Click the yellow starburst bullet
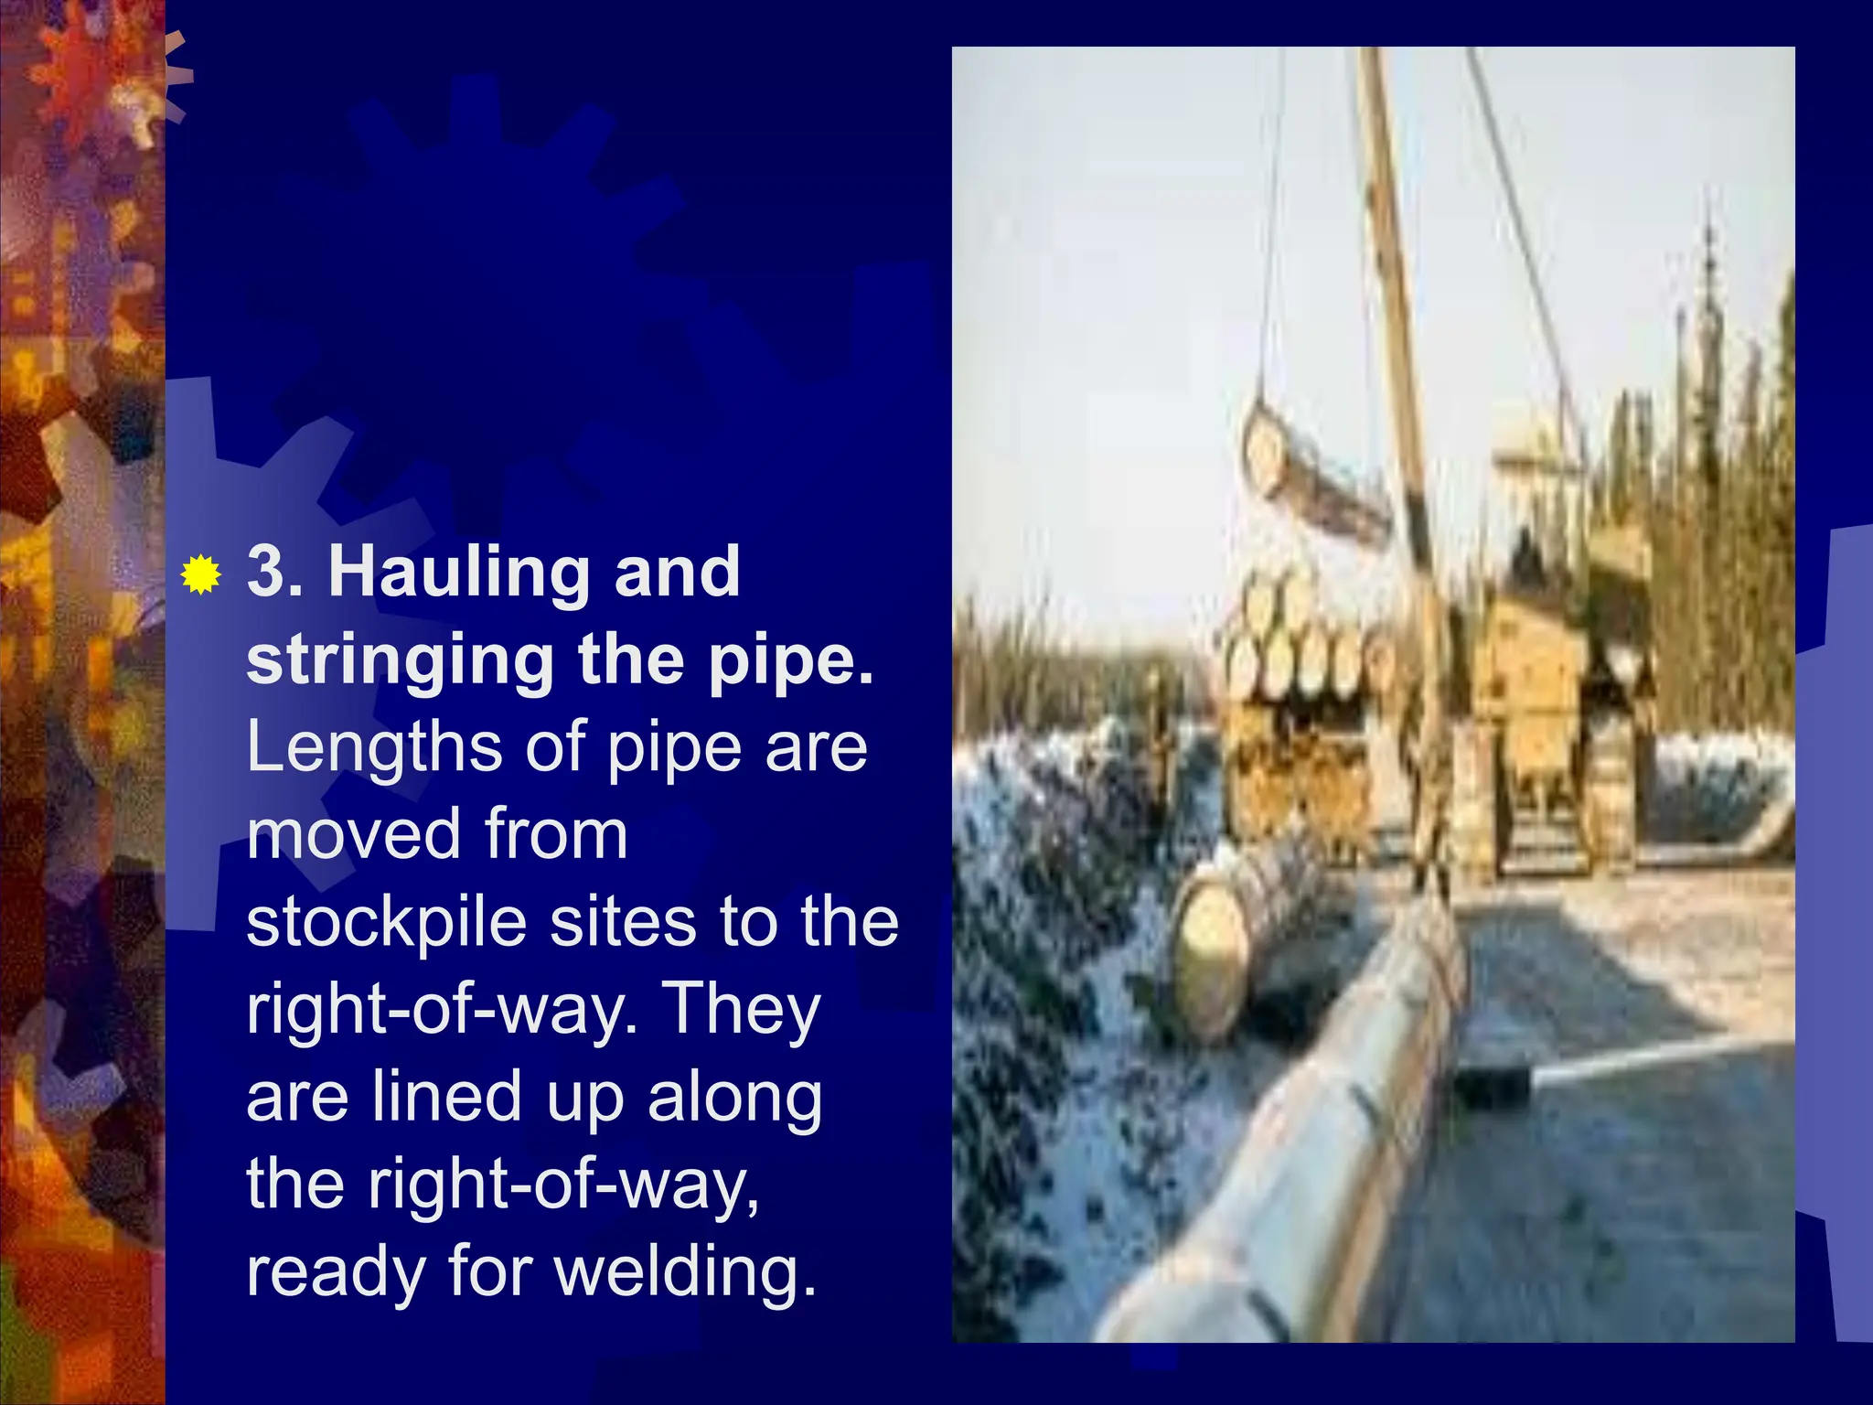tap(200, 574)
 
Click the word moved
tap(353, 834)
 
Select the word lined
tap(447, 1096)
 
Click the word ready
tap(335, 1272)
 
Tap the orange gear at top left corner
tap(101, 82)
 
